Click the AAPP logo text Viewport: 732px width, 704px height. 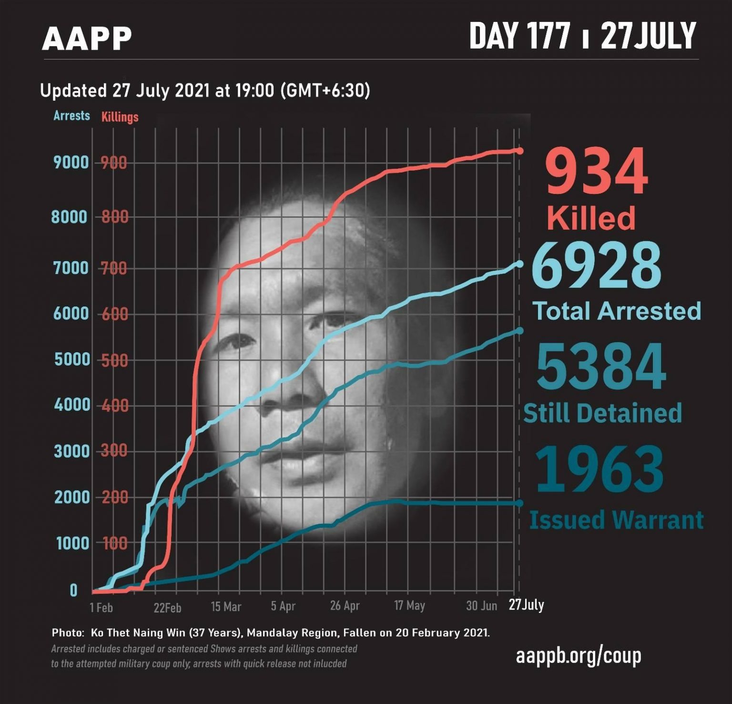[87, 39]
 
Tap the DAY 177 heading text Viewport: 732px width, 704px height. [520, 36]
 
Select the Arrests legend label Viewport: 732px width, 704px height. [71, 116]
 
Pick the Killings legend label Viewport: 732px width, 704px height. [120, 117]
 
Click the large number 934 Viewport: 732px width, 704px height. [597, 172]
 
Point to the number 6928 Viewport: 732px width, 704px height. [596, 265]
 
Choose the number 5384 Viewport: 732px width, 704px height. [601, 367]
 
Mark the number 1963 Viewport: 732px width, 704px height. [599, 469]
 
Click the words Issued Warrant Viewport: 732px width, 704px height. [616, 520]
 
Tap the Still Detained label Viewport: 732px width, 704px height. [602, 413]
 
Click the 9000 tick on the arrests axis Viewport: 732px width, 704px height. [71, 163]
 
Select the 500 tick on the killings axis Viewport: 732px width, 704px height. [114, 360]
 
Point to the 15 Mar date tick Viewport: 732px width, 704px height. [226, 607]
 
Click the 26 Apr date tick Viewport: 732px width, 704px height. [345, 606]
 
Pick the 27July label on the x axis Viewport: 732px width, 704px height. [526, 605]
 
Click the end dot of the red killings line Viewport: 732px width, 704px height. [519, 151]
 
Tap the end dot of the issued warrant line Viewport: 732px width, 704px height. [519, 503]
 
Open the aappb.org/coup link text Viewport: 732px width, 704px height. [579, 656]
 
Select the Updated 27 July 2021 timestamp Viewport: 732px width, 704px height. [205, 91]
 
